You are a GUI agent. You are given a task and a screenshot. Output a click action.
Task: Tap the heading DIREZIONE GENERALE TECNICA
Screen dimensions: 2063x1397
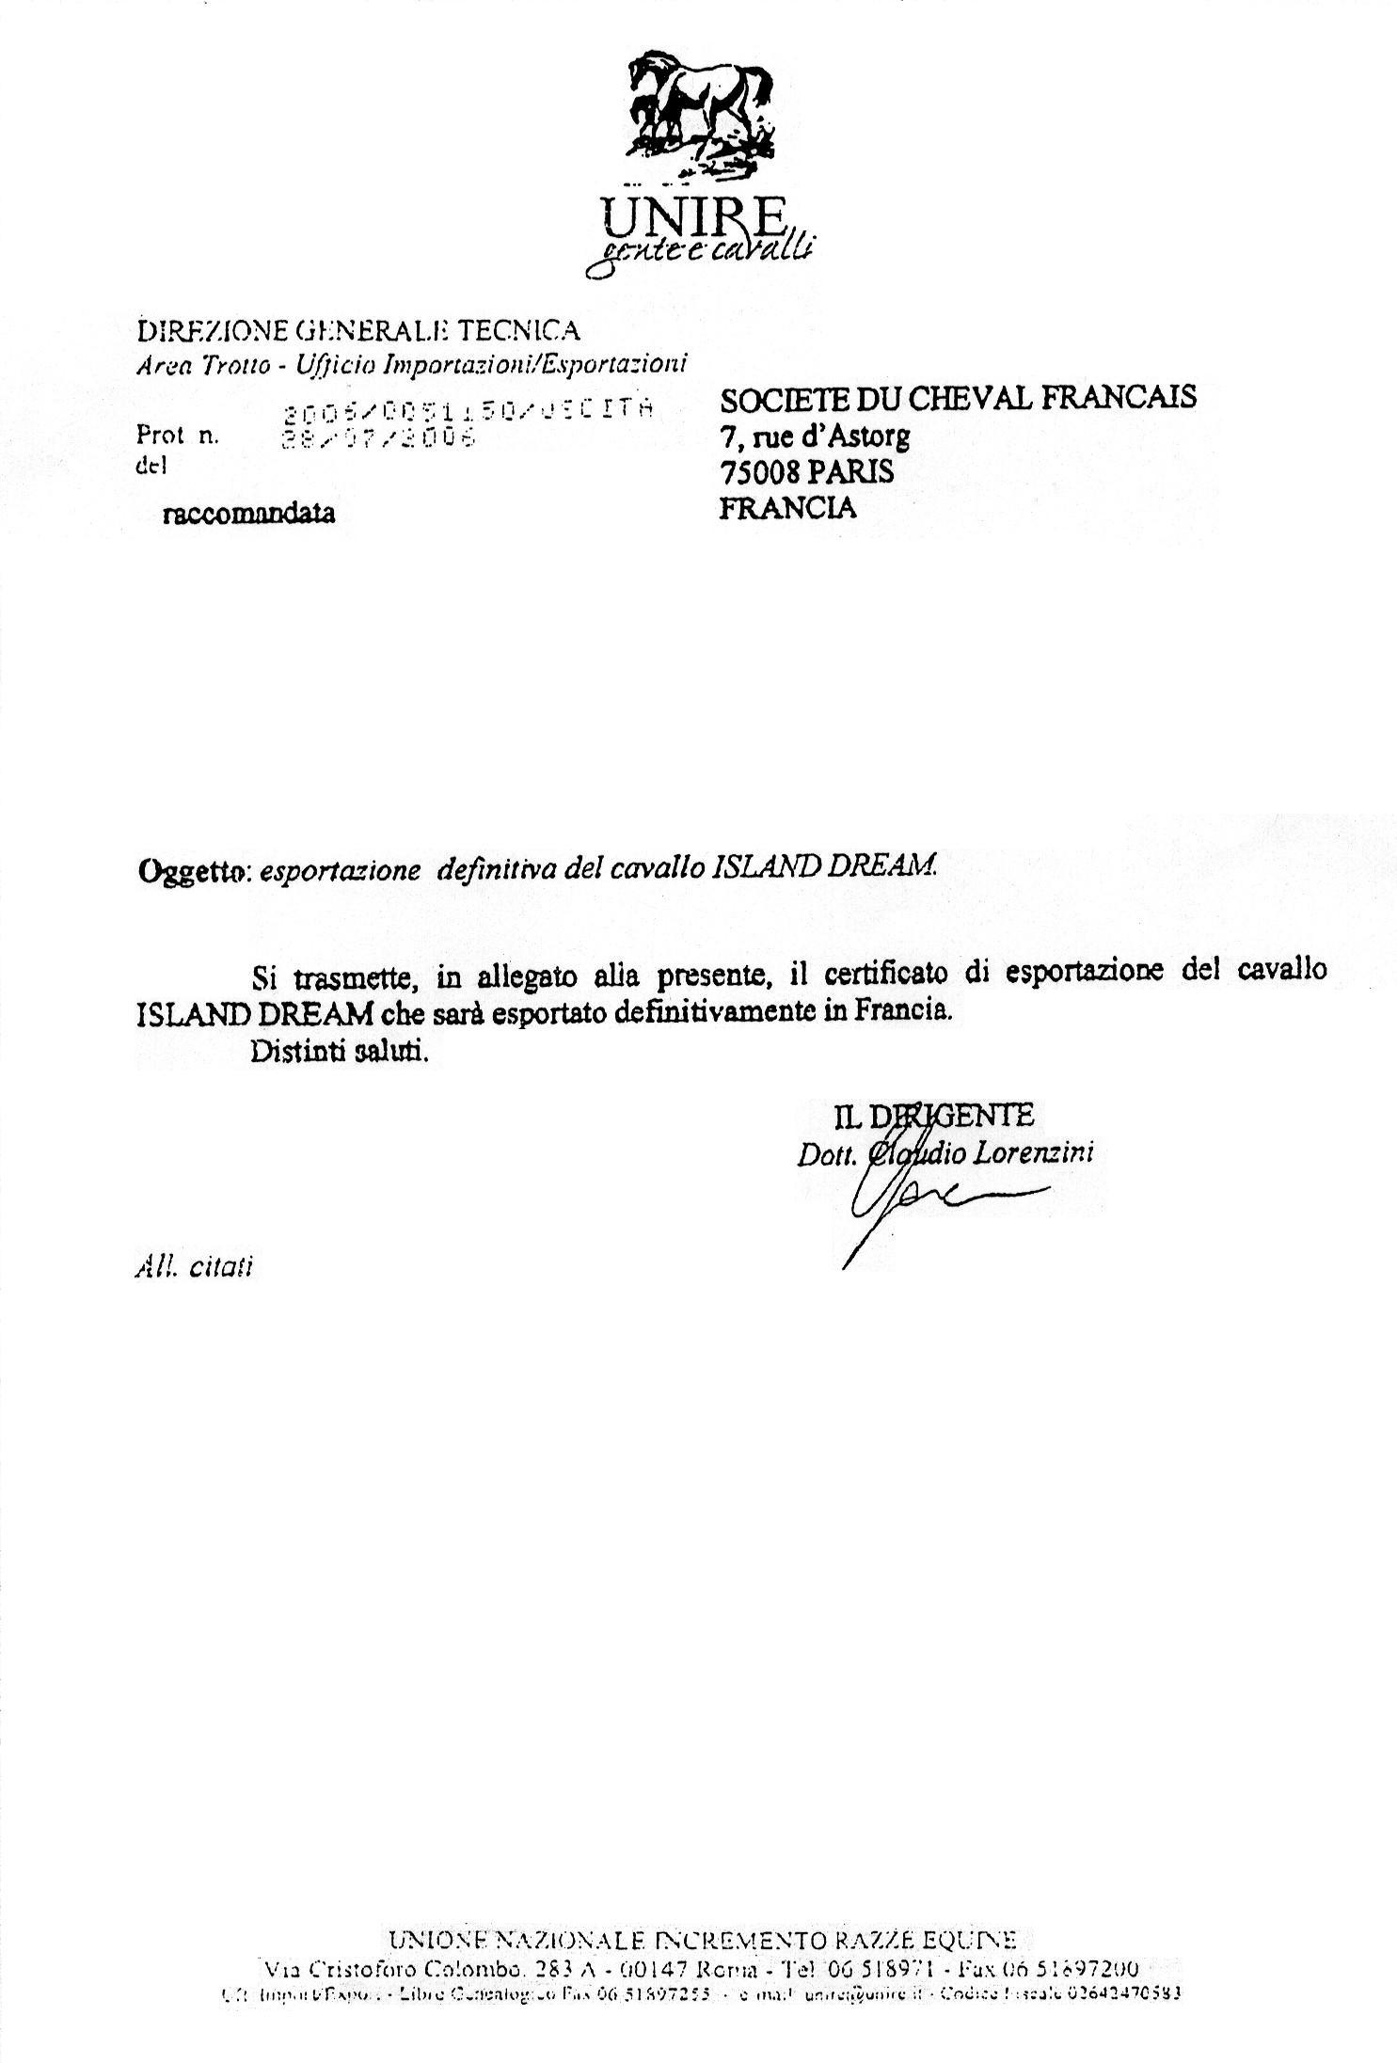(357, 330)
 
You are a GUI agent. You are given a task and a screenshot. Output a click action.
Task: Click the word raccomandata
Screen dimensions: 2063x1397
(248, 514)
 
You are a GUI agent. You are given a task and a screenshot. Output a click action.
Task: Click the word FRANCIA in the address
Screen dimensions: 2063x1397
(787, 508)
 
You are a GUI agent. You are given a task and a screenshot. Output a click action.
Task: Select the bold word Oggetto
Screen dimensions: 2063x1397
(192, 871)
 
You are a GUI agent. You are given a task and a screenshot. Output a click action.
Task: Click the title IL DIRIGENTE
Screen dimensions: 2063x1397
(933, 1116)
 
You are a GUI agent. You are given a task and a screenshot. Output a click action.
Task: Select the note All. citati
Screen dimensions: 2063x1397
(194, 1267)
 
